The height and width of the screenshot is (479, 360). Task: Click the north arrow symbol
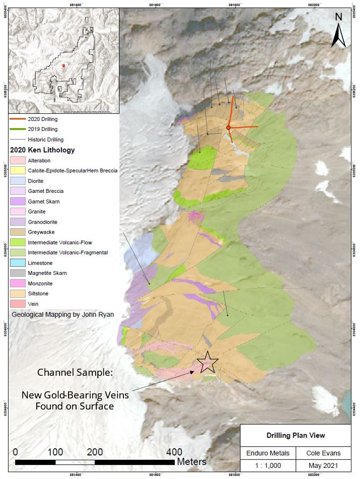338,31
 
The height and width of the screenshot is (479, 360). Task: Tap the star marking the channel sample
207,362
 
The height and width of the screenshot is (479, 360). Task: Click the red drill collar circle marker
228,128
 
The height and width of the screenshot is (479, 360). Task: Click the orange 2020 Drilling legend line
23,119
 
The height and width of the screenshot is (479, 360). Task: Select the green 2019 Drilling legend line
23,129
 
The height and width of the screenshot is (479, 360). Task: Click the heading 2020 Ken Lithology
43,150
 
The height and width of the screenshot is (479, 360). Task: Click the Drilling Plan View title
296,435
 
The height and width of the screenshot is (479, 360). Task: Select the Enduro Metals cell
268,453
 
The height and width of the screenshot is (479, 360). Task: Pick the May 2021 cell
323,467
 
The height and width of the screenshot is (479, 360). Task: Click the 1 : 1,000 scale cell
268,467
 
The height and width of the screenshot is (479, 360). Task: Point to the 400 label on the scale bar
174,451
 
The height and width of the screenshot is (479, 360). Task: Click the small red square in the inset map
64,65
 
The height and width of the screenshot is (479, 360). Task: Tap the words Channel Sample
75,373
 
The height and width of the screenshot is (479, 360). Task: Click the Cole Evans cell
323,453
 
